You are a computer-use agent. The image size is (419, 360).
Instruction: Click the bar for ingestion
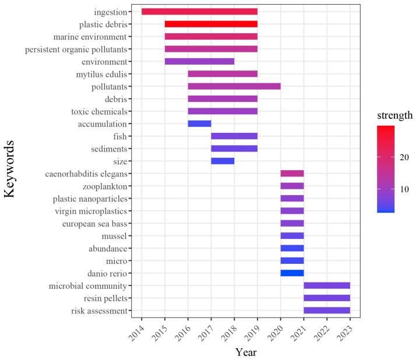(x=199, y=12)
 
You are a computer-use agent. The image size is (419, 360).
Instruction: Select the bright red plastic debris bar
(x=211, y=24)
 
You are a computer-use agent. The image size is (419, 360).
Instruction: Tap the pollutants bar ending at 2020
(x=234, y=86)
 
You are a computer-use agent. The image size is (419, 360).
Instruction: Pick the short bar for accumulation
(x=199, y=123)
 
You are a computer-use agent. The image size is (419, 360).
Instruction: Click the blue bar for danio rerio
(x=292, y=273)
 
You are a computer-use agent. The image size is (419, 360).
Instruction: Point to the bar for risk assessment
(x=327, y=310)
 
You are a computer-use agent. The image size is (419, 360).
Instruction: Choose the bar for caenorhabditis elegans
(x=292, y=174)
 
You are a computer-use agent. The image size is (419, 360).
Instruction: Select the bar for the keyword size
(x=223, y=161)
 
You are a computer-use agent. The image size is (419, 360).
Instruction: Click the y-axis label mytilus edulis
(x=101, y=74)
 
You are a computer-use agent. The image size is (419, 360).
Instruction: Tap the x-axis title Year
(x=245, y=352)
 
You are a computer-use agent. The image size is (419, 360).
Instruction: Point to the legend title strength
(x=394, y=115)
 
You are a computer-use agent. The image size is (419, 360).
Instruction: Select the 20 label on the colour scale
(x=404, y=157)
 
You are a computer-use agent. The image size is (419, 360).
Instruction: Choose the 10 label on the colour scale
(x=404, y=189)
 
